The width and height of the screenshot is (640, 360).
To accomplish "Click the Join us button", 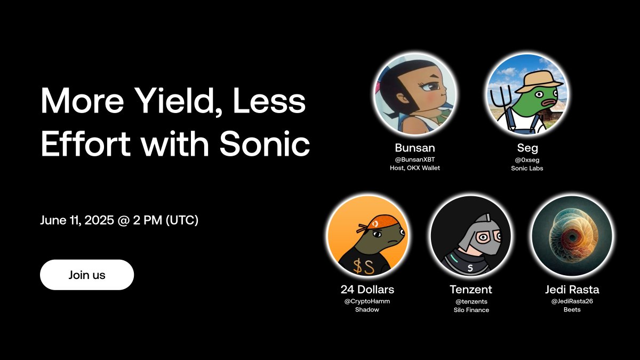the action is point(87,275).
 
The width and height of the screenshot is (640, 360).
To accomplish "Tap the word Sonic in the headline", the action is point(265,143).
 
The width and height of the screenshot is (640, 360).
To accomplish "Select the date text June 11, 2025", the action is point(77,220).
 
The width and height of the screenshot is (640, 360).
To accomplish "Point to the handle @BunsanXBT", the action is point(415,159).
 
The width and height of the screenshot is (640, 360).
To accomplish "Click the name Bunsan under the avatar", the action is point(415,148).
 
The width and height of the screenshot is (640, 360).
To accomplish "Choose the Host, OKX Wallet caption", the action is point(415,168).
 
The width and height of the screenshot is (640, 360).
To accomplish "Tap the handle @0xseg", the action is point(527,159).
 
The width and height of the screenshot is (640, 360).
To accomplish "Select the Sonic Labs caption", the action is point(527,169).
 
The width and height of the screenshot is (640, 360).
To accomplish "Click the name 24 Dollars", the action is point(367,290).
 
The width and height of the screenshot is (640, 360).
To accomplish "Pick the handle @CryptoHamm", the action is point(367,301).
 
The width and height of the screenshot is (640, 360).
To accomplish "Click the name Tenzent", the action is point(471,290).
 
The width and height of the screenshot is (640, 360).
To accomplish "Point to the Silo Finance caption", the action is point(471,310).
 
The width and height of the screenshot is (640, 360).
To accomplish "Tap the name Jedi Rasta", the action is point(572,290).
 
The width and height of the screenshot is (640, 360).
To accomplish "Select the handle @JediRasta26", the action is point(572,301).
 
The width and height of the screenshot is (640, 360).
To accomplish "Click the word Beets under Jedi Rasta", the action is point(572,310).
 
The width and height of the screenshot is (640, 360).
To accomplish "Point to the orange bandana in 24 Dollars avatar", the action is point(377,223).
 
